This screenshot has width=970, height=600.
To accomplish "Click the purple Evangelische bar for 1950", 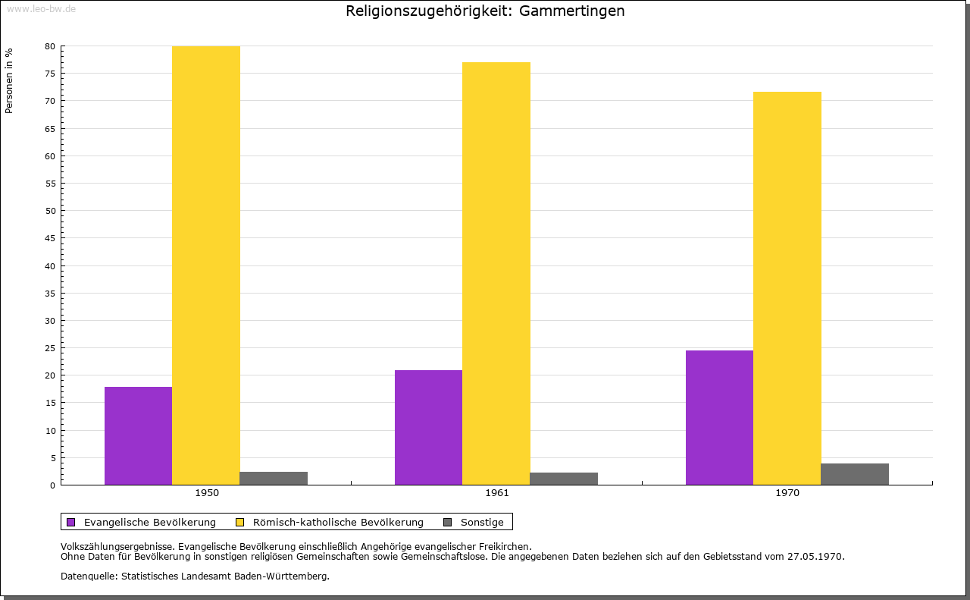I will click(x=138, y=435).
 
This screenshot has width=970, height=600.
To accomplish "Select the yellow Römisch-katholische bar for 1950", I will click(x=206, y=265).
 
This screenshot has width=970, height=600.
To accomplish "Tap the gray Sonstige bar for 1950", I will click(x=274, y=478).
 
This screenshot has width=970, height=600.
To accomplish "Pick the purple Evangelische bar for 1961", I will click(x=428, y=427).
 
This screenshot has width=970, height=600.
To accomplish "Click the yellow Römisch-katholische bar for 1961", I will click(x=496, y=273).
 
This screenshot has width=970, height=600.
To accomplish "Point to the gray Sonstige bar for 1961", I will click(x=564, y=479).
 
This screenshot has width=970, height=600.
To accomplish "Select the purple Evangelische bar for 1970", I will click(x=719, y=417).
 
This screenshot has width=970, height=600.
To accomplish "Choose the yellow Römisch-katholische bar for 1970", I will click(x=787, y=288).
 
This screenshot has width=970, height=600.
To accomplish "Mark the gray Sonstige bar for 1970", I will click(x=855, y=474).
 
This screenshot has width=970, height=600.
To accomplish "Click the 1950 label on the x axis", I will click(x=207, y=493).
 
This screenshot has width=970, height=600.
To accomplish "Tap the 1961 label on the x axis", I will click(x=497, y=493).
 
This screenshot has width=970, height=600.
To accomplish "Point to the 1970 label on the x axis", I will click(x=787, y=493).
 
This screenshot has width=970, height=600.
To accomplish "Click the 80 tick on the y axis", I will click(x=50, y=46).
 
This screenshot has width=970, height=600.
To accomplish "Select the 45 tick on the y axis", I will click(x=50, y=238).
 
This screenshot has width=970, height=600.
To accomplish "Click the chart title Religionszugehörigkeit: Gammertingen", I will click(x=485, y=11).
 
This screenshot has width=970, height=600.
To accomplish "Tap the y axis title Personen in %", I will click(x=9, y=80).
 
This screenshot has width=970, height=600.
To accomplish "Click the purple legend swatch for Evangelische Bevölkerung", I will click(x=71, y=522).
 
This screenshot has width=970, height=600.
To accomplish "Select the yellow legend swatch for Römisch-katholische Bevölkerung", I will click(x=240, y=522).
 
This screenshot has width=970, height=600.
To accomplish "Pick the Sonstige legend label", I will click(x=482, y=523).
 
